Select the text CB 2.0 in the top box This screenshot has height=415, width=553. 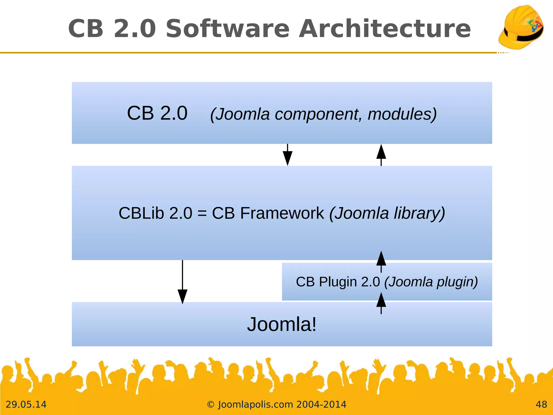tap(157, 113)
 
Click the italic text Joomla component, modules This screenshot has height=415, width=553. tap(323, 114)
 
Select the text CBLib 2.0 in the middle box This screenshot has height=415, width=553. tap(155, 213)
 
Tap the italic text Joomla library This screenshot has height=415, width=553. tap(387, 213)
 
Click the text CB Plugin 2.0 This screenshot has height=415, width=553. tap(338, 282)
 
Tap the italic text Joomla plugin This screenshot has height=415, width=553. tap(431, 282)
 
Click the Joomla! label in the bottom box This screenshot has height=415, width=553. tap(282, 324)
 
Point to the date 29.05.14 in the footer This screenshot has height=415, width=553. tap(26, 404)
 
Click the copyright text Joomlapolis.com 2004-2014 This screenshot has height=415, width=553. tap(276, 404)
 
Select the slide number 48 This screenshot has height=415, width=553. tap(541, 404)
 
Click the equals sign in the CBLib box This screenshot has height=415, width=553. tap(202, 213)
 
